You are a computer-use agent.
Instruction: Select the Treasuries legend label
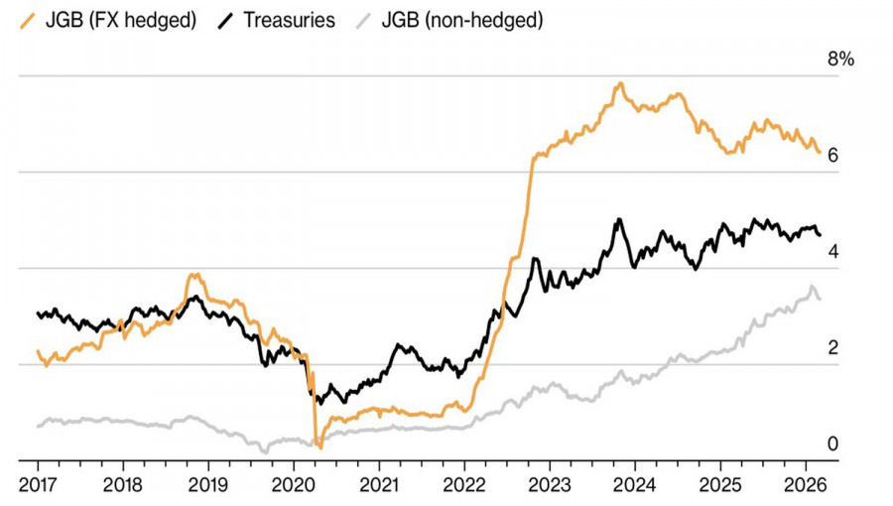[289, 19]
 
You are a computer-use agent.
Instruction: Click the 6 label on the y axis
[833, 156]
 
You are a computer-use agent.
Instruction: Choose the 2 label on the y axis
[833, 348]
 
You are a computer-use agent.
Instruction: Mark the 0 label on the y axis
[833, 443]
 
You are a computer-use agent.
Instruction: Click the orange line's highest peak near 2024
[621, 83]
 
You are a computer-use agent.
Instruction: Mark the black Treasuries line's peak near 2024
[619, 219]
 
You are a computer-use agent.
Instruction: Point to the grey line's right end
[820, 299]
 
